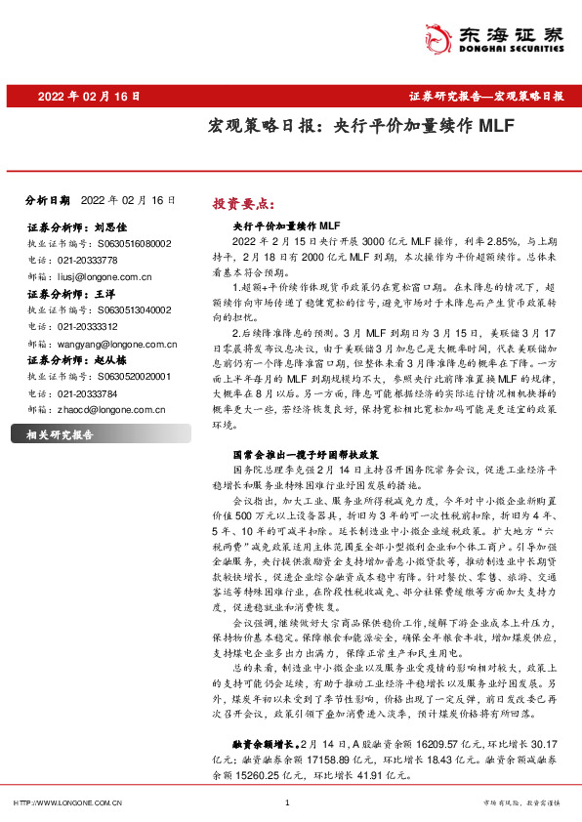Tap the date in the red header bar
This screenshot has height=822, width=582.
click(x=90, y=97)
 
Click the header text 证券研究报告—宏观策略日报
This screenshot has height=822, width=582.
click(x=485, y=97)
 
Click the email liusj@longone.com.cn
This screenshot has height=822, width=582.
click(x=102, y=277)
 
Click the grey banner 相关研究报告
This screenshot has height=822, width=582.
click(x=61, y=434)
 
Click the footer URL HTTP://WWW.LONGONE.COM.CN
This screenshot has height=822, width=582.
click(x=66, y=802)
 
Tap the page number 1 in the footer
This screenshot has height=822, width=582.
click(x=287, y=802)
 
